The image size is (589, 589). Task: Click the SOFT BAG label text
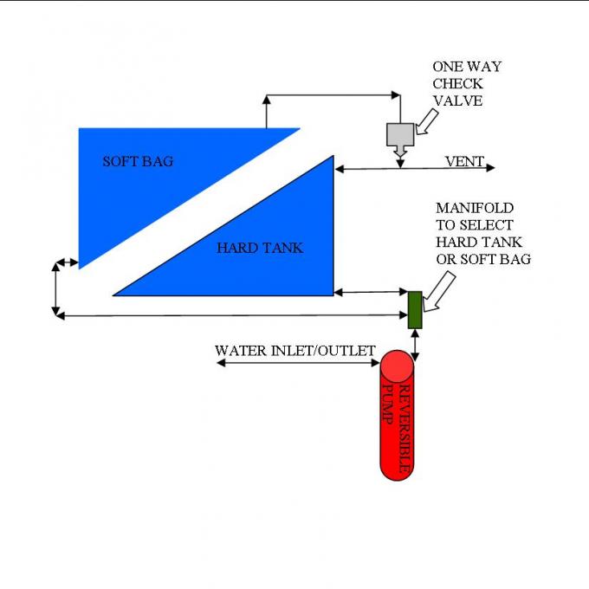click(138, 161)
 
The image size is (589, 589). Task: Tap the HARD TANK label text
click(260, 248)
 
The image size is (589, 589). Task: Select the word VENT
click(464, 161)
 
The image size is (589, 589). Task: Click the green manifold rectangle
click(415, 310)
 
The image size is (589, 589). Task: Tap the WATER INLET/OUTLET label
click(295, 350)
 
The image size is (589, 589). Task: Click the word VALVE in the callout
click(457, 100)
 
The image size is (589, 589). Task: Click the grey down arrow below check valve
click(400, 153)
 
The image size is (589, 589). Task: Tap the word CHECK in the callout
click(457, 84)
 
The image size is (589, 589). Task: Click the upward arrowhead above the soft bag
click(266, 99)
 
